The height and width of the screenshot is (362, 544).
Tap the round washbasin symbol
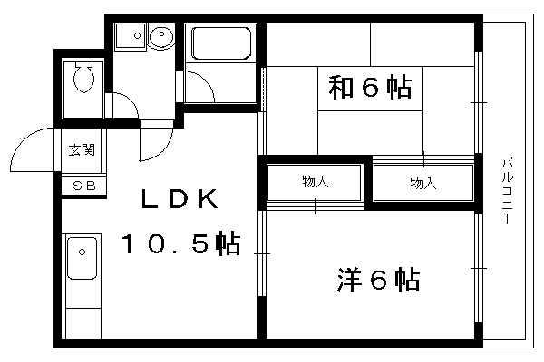160,36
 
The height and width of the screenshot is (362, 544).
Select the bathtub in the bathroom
221,43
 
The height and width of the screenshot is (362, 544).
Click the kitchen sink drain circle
82,252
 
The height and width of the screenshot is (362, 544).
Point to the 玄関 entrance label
82,150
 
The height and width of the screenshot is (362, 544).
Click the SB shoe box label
84,186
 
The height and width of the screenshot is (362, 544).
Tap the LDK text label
180,199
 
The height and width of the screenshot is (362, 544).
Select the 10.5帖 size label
180,243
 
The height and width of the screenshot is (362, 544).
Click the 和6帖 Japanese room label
370,87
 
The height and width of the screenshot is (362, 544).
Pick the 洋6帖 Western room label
378,280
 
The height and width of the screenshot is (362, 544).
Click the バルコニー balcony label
508,191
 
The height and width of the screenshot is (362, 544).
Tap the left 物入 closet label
315,182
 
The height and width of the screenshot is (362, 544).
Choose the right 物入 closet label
423,183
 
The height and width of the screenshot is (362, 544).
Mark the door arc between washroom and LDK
164,152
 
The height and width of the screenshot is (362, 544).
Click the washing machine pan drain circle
137,35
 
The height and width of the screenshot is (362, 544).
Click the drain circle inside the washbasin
162,34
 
